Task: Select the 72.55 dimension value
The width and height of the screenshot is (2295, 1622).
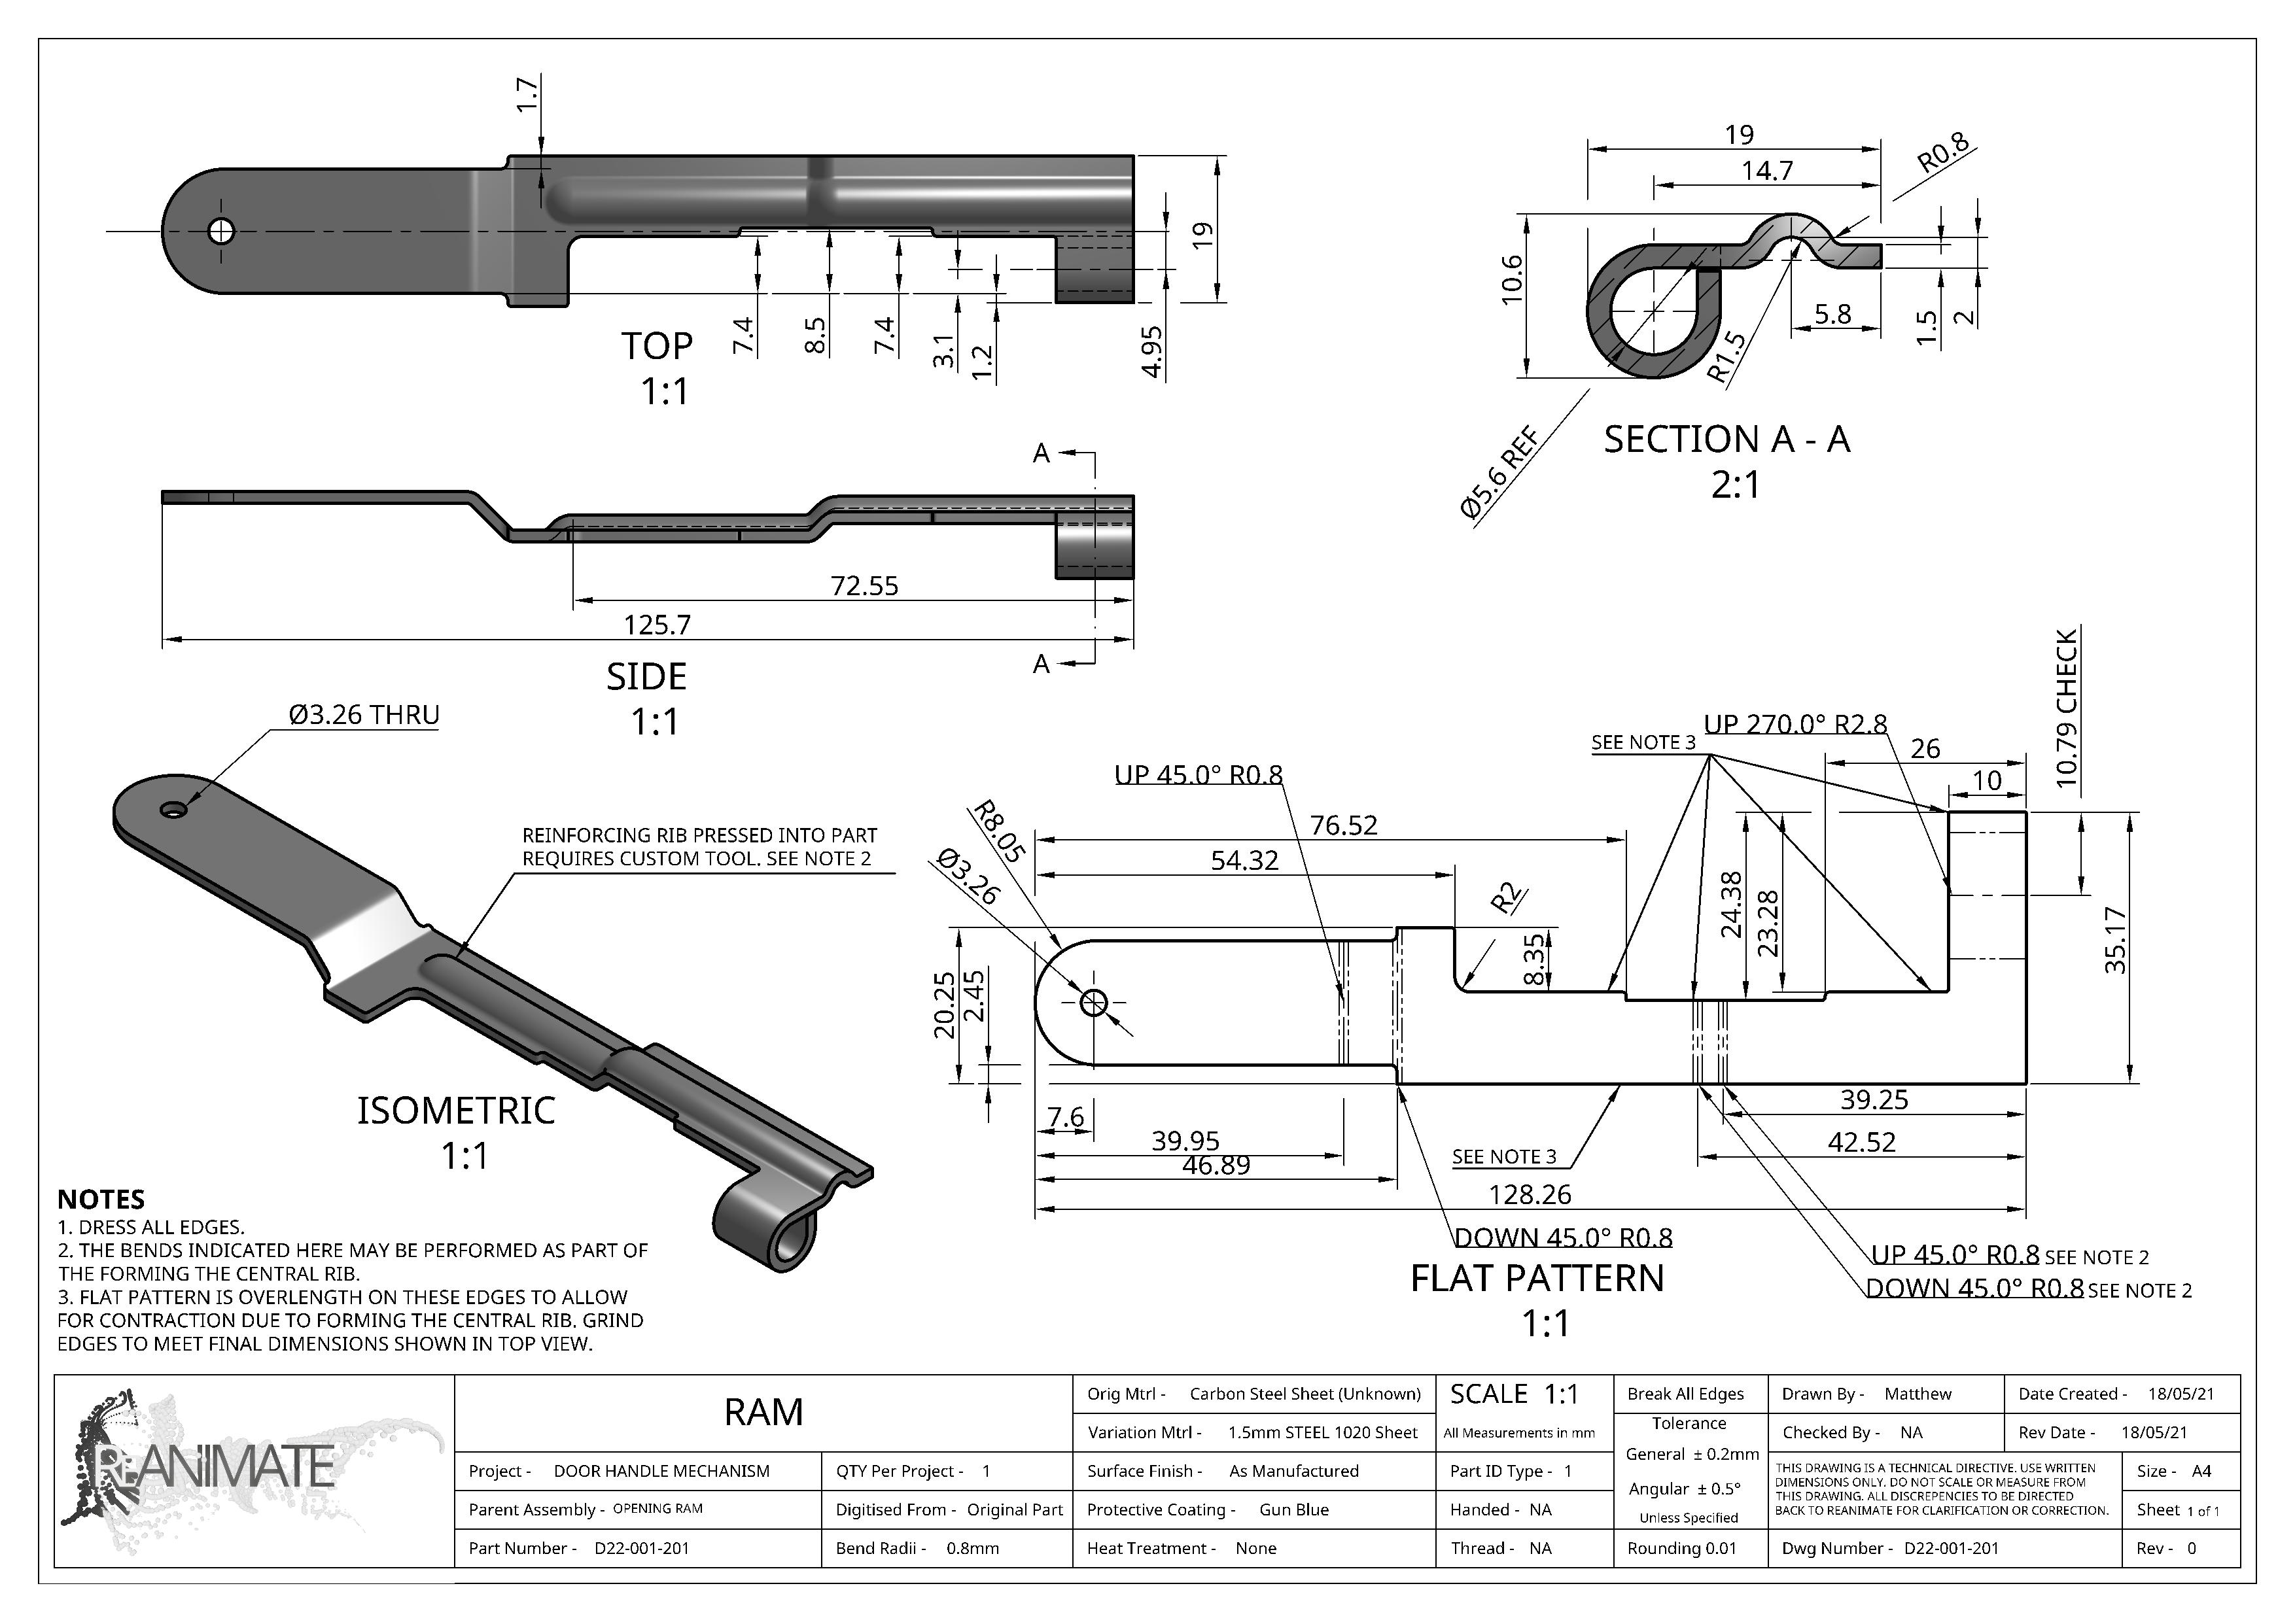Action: click(x=865, y=585)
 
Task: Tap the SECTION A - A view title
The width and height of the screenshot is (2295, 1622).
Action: click(x=1727, y=439)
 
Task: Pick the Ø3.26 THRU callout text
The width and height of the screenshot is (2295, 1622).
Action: click(x=364, y=715)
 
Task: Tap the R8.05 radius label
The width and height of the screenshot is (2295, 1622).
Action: click(x=998, y=831)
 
